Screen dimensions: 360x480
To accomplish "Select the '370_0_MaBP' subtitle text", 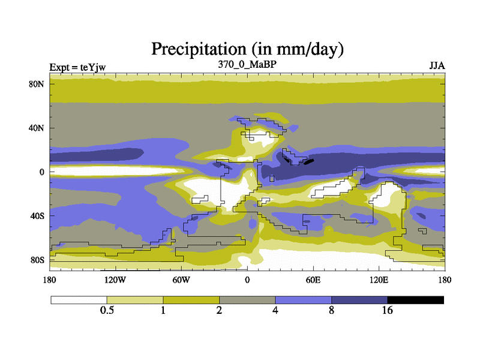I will (247, 64).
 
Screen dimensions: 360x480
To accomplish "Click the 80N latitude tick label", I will (37, 84).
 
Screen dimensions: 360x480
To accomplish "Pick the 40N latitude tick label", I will (37, 128).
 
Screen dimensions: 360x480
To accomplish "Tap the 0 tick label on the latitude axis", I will (41, 172).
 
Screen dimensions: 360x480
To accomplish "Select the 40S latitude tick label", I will (37, 216).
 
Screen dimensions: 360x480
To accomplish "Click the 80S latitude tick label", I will (37, 260).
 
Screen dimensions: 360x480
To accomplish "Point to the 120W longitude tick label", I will (115, 280).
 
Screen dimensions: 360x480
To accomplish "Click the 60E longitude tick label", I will (313, 280).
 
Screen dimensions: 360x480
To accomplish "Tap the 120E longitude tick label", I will (379, 280).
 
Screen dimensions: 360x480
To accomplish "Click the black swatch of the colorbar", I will (415, 299).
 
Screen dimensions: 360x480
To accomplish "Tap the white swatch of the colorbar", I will (79, 299).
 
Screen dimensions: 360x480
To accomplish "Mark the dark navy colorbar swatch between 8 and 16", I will (359, 299).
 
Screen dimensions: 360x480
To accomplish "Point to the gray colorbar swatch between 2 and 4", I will (247, 299).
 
